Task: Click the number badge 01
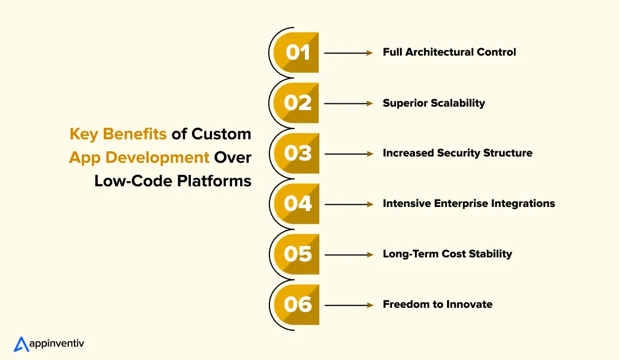pyautogui.click(x=297, y=53)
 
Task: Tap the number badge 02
pyautogui.click(x=297, y=103)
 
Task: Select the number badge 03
pyautogui.click(x=297, y=154)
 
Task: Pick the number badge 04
pyautogui.click(x=297, y=204)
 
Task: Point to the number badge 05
pyautogui.click(x=297, y=254)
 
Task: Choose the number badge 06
pyautogui.click(x=297, y=304)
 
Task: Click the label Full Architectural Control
pyautogui.click(x=449, y=52)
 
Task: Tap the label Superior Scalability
pyautogui.click(x=434, y=103)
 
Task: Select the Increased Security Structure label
pyautogui.click(x=457, y=153)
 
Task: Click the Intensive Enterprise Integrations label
pyautogui.click(x=469, y=204)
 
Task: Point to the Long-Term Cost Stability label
pyautogui.click(x=447, y=254)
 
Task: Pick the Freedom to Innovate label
pyautogui.click(x=437, y=304)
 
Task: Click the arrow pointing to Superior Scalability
pyautogui.click(x=348, y=103)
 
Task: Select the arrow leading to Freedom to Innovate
pyautogui.click(x=348, y=304)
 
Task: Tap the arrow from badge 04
pyautogui.click(x=348, y=204)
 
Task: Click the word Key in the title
pyautogui.click(x=83, y=134)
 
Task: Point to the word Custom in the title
pyautogui.click(x=221, y=134)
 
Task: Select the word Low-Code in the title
pyautogui.click(x=132, y=181)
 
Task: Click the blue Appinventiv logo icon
pyautogui.click(x=21, y=343)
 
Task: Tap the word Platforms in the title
pyautogui.click(x=213, y=181)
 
